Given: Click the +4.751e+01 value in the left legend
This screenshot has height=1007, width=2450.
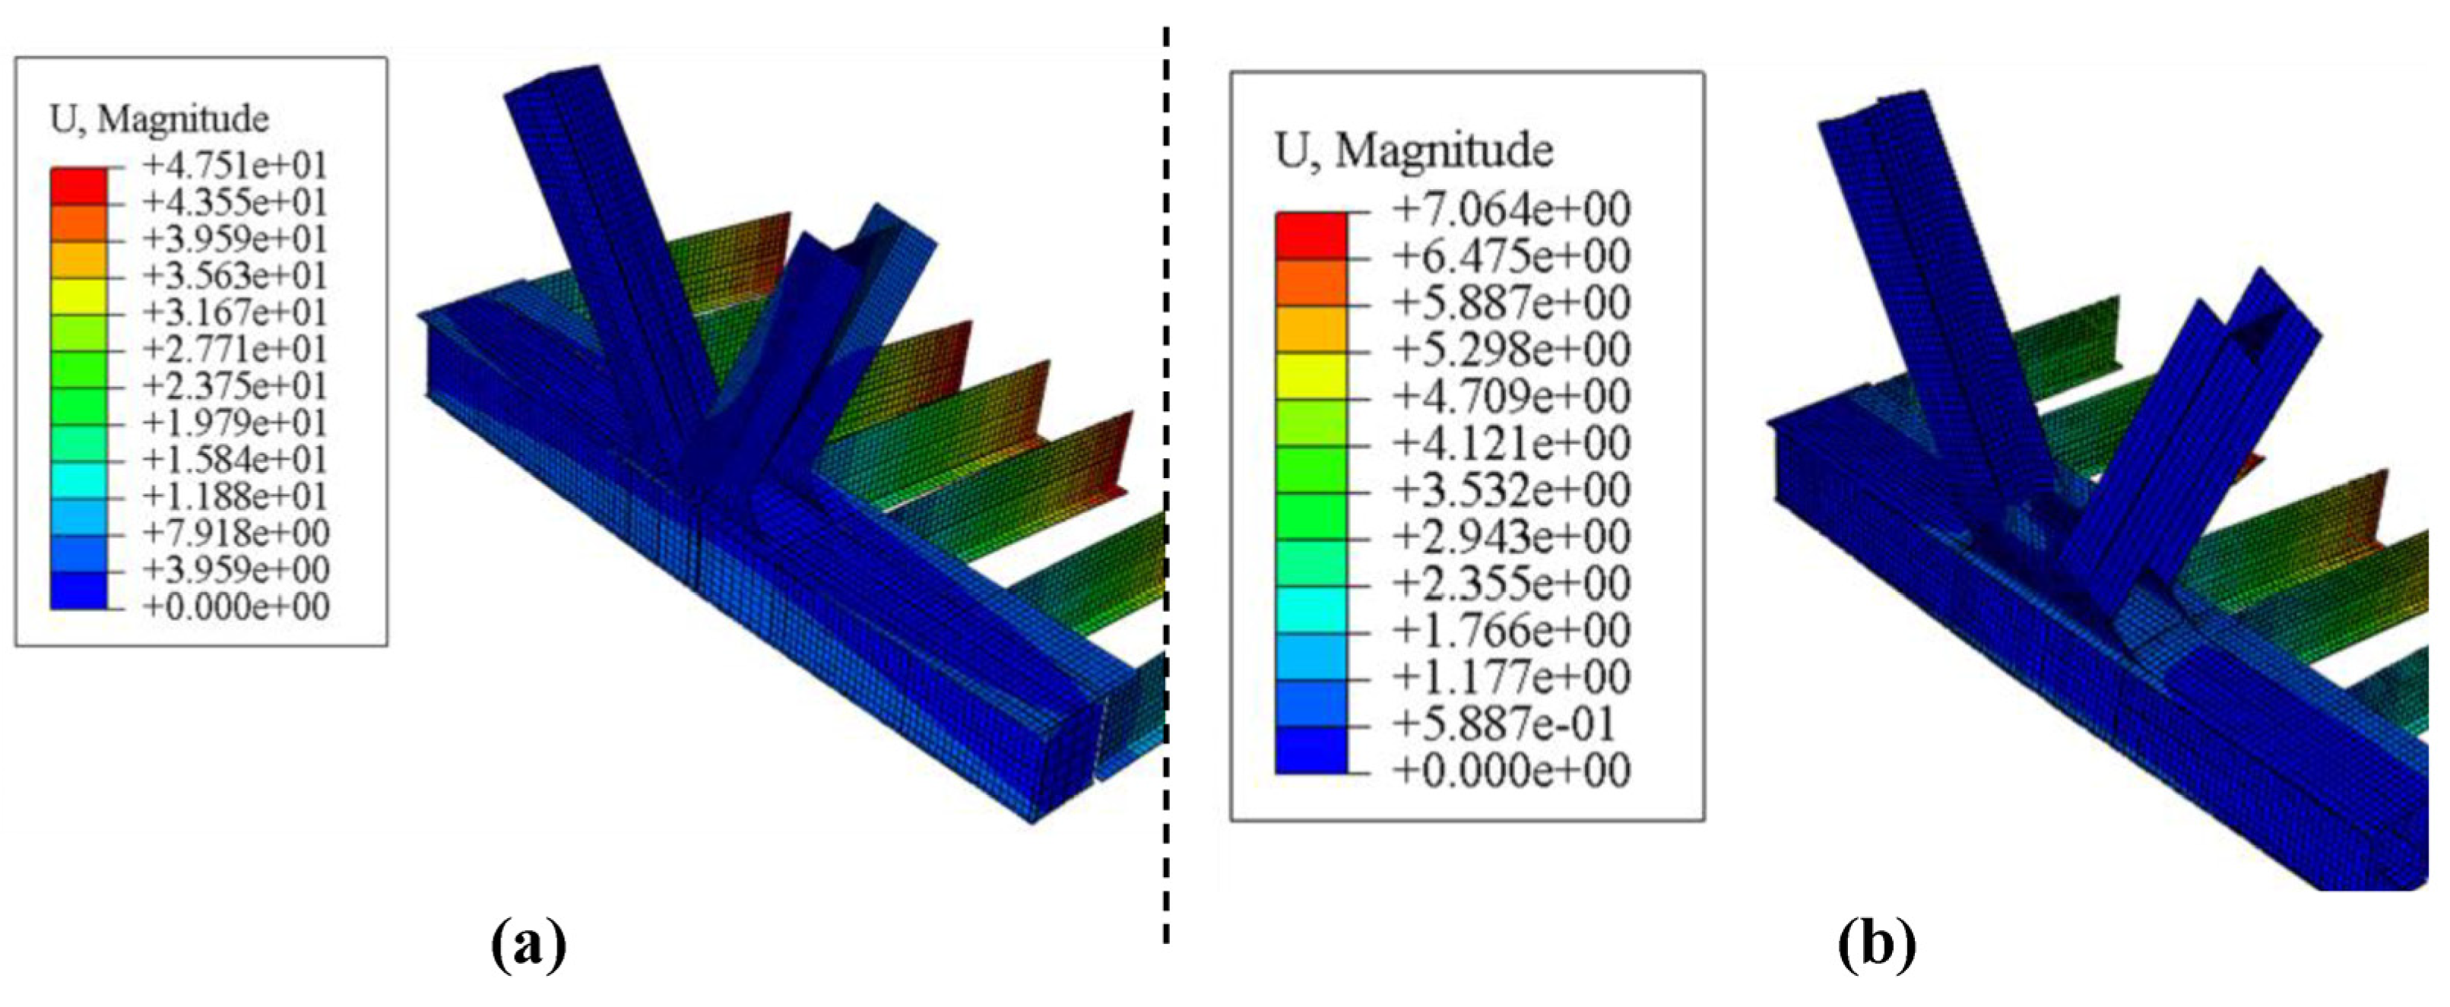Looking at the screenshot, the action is [235, 166].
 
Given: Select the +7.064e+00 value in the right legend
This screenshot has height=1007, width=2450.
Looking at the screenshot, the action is [1511, 209].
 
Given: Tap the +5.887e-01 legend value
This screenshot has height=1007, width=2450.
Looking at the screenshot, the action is [1504, 724].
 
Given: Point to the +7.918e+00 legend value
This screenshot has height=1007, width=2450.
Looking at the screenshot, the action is [236, 533].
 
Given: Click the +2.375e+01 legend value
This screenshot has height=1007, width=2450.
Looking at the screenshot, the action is [235, 386].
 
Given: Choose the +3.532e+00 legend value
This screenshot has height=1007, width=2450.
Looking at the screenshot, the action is [1511, 489].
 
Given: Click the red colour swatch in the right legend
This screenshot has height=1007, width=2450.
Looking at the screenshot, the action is [1311, 234].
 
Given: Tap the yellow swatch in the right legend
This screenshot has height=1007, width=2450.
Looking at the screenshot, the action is [1311, 375].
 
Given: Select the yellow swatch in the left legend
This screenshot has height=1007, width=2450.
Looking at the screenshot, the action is [79, 296].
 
